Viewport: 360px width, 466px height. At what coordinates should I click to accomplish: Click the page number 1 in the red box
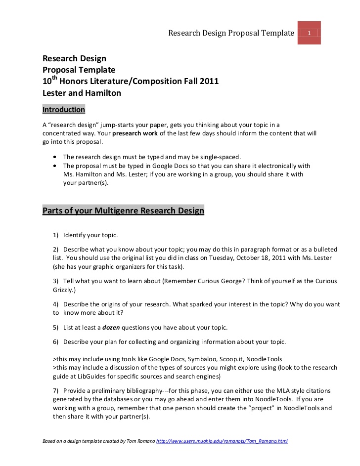(309, 33)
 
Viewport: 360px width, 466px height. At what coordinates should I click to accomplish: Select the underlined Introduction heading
(64, 109)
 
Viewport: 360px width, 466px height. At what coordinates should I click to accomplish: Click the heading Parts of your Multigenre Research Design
(123, 211)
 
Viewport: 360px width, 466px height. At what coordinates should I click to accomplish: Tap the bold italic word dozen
(111, 327)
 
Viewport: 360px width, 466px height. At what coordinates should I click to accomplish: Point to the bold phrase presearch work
(133, 133)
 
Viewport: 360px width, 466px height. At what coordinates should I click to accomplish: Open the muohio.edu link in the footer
(222, 441)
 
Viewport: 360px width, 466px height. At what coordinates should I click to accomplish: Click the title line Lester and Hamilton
(82, 92)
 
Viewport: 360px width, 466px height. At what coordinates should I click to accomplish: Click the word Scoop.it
(229, 359)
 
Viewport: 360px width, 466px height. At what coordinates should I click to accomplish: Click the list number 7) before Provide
(56, 390)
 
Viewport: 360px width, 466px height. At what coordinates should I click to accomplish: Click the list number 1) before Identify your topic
(56, 235)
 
